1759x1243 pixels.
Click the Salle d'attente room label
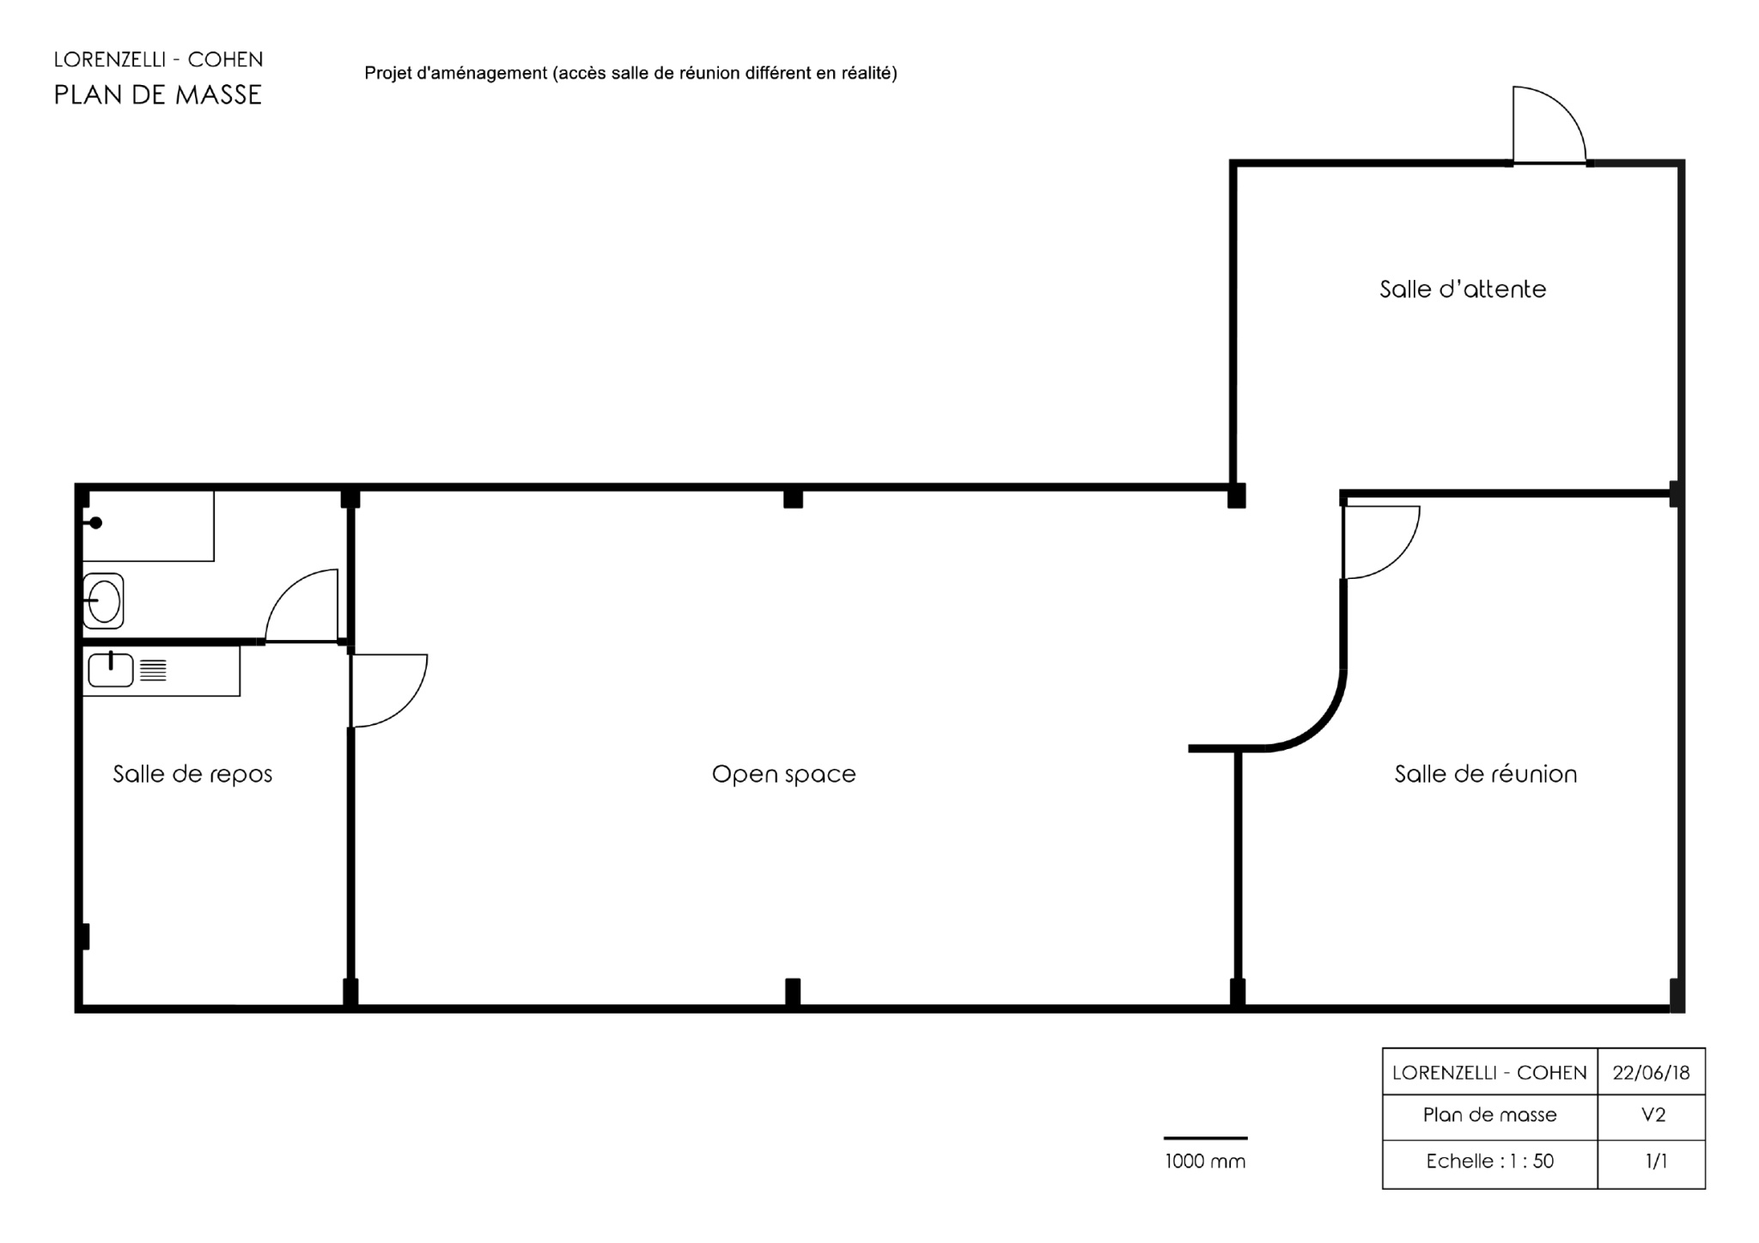point(1463,289)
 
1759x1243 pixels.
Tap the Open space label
point(783,774)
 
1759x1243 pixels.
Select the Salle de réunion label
point(1485,774)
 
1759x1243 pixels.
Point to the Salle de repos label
point(192,774)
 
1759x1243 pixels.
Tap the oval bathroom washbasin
point(104,601)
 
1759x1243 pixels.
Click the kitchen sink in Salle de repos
point(111,670)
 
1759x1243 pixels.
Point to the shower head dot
point(96,522)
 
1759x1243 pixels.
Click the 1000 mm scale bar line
point(1205,1138)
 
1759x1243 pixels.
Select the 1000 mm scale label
point(1205,1161)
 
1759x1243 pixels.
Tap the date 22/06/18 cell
point(1651,1072)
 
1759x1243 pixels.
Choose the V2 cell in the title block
point(1651,1116)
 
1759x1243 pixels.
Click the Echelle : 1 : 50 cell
point(1490,1162)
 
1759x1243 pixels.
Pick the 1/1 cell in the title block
point(1651,1162)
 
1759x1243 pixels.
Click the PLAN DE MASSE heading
point(158,94)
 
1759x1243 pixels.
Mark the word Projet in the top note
point(387,74)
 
